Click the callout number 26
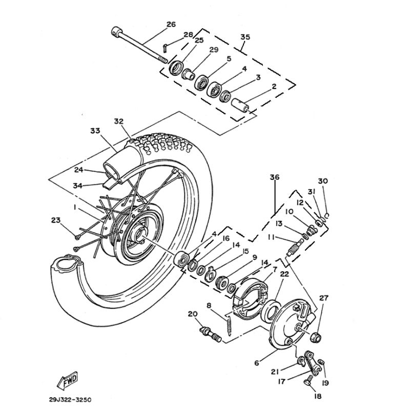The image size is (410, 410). point(171,24)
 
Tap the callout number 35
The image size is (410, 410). point(245,37)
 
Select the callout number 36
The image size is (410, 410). point(275,177)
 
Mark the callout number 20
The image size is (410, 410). point(192,314)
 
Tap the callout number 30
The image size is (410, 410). point(322,181)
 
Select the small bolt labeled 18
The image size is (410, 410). point(310,381)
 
